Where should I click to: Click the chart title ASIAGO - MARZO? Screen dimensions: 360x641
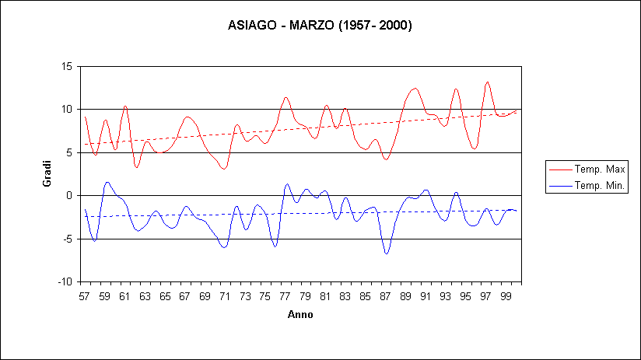click(320, 25)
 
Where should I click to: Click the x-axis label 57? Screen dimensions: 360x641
click(84, 297)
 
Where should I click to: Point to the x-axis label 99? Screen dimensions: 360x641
click(506, 297)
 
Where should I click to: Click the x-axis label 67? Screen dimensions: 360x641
click(185, 297)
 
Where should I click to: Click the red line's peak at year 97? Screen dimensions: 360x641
click(487, 82)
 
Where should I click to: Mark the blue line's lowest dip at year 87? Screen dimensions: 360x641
click(386, 253)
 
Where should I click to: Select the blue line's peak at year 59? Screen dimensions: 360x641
click(107, 182)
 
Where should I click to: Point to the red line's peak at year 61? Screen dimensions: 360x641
click(124, 106)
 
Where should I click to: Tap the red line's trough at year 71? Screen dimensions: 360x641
click(224, 168)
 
